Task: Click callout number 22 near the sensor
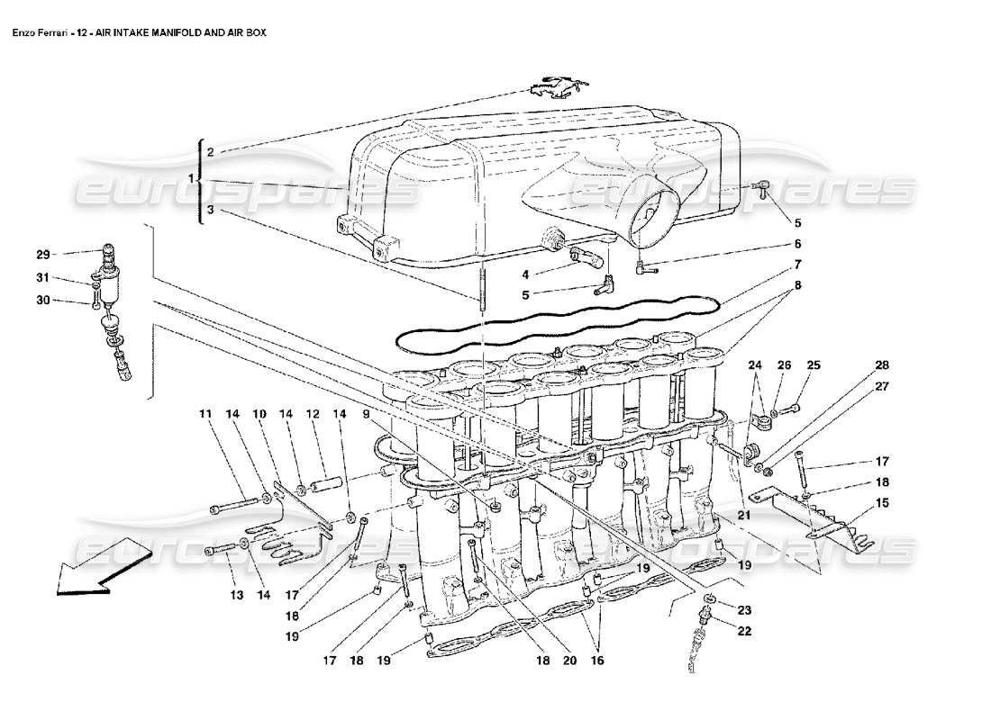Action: [x=743, y=631]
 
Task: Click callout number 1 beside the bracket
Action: [x=192, y=180]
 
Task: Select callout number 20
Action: [x=568, y=661]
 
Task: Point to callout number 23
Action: [x=743, y=609]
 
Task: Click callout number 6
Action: [x=797, y=243]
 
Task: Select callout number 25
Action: [x=814, y=364]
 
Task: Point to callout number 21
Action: [x=744, y=515]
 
